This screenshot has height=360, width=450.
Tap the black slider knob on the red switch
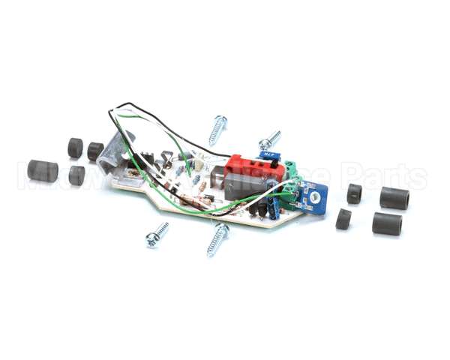tap(275, 160)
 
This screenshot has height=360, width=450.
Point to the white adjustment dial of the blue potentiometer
tap(316, 196)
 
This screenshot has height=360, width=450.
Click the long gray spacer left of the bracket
tap(43, 170)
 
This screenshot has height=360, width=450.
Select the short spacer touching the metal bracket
tap(95, 151)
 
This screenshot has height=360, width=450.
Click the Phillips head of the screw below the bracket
tap(152, 240)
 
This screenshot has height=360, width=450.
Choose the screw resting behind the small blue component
tap(269, 139)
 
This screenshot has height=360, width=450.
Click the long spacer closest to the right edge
tap(394, 198)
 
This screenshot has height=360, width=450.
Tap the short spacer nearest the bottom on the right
tap(343, 219)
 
